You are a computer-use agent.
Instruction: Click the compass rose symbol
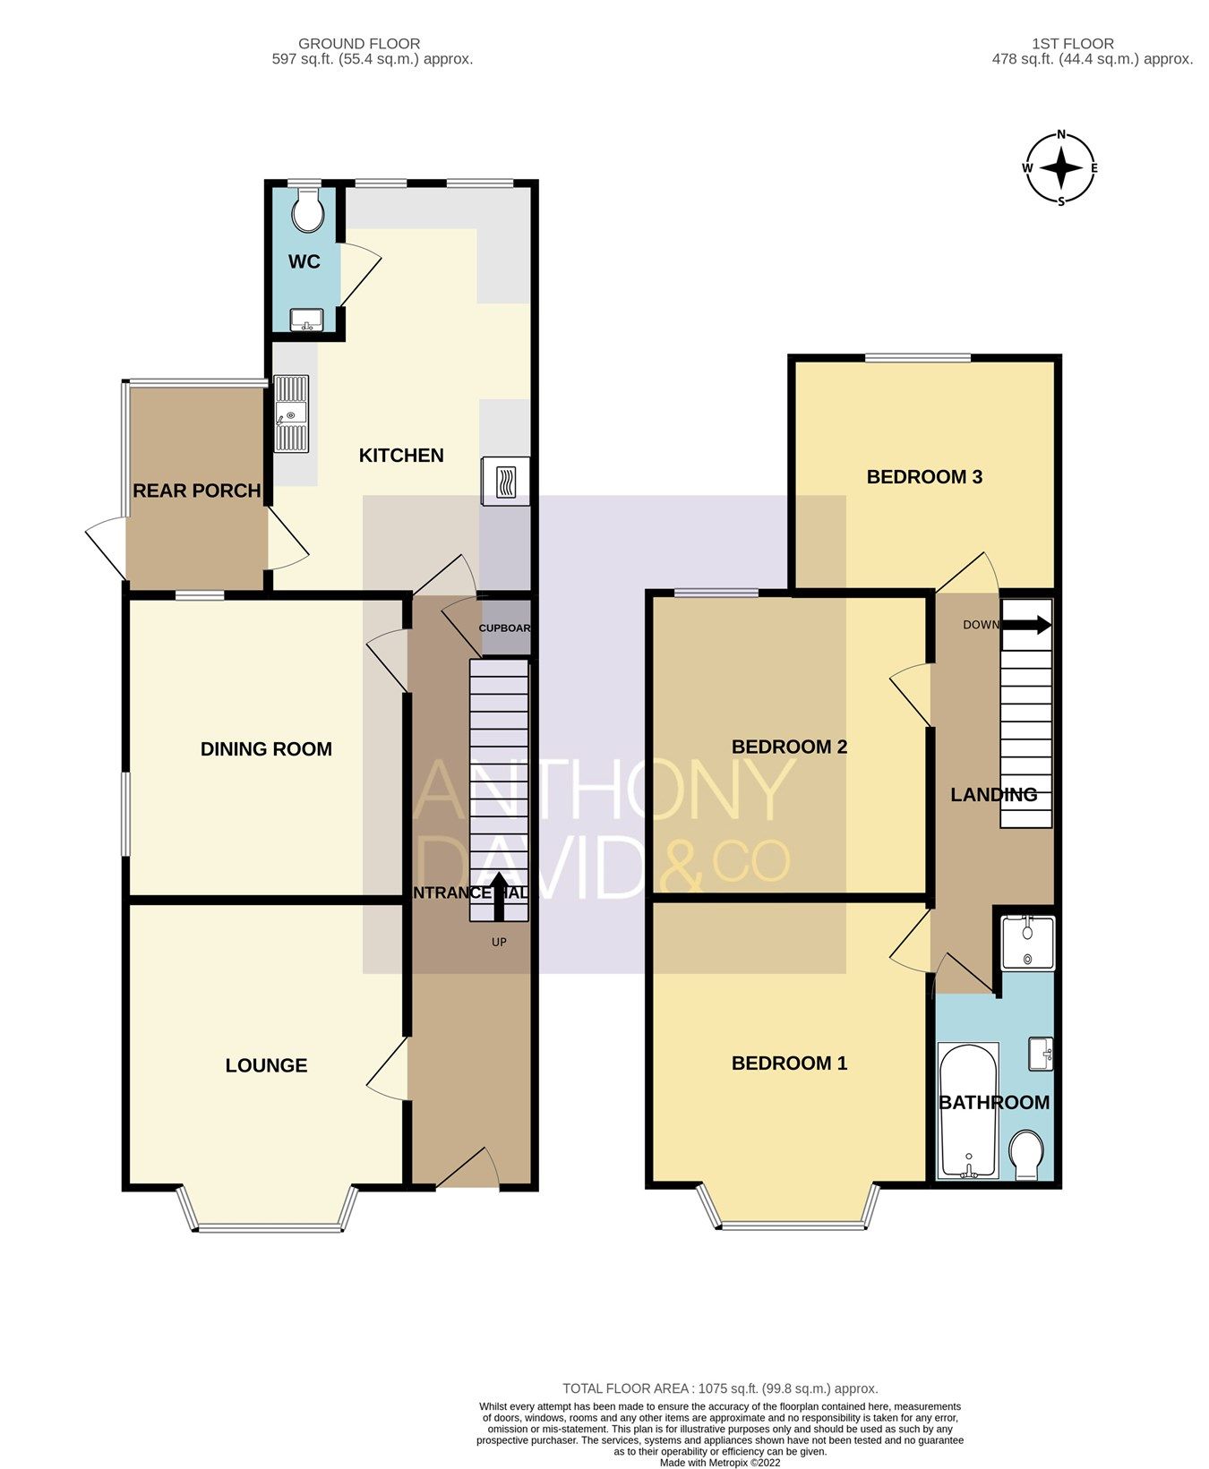click(1061, 168)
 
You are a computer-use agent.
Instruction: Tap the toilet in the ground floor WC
click(309, 209)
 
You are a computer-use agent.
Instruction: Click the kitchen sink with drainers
click(291, 414)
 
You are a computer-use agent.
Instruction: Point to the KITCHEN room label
click(401, 456)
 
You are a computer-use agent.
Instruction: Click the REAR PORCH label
click(197, 491)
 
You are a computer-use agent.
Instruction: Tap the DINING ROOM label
click(266, 749)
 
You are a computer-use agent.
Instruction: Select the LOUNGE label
click(266, 1065)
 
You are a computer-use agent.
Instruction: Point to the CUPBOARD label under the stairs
click(505, 628)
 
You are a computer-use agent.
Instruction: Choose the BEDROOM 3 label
click(924, 477)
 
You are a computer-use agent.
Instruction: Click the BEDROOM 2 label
click(789, 747)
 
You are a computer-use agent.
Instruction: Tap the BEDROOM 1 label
click(789, 1063)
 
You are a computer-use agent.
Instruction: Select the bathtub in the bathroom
click(967, 1110)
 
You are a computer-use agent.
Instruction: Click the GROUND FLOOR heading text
click(359, 44)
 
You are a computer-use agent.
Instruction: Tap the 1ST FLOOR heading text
click(1073, 44)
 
